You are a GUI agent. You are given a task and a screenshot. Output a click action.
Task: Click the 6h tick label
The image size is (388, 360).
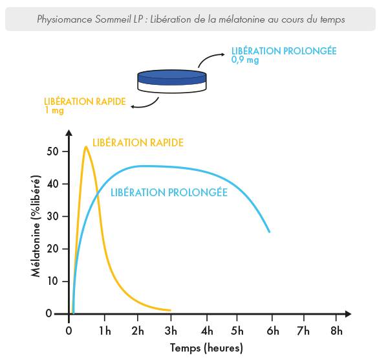[273, 331]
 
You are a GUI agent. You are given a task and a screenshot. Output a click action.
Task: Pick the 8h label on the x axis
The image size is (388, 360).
[336, 331]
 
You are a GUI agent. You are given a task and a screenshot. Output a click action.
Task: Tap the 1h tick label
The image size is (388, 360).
[105, 331]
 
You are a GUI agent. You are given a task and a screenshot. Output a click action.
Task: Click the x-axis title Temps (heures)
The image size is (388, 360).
[206, 348]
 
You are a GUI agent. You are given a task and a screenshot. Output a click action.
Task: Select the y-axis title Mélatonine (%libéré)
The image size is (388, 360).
[36, 225]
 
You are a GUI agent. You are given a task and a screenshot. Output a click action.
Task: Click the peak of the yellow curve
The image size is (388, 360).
[85, 146]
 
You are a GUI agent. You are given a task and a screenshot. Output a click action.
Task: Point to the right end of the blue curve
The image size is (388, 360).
[269, 232]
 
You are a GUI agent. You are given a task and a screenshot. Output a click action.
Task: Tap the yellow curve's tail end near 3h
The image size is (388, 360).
[170, 311]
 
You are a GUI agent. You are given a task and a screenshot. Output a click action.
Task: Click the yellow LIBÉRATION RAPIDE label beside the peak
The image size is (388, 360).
[138, 142]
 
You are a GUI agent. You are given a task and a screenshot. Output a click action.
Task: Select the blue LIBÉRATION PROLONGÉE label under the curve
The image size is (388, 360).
[169, 192]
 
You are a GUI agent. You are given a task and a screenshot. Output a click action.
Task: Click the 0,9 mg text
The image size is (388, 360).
[245, 60]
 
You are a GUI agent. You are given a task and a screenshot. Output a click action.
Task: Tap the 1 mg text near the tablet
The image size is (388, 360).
[54, 111]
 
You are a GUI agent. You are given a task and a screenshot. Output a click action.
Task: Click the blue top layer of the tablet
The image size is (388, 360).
[171, 74]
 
